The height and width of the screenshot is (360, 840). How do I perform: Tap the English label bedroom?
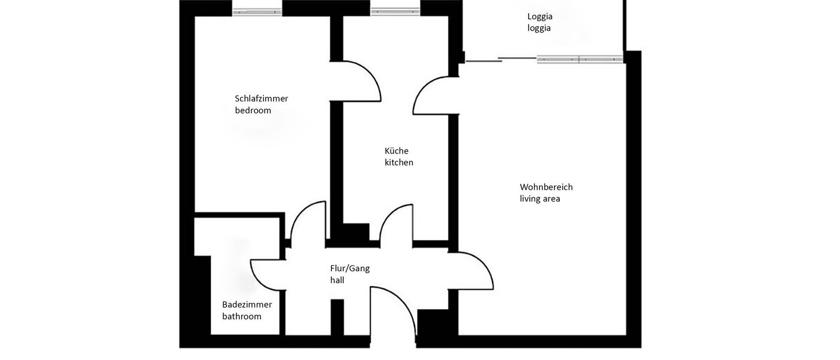point(253,110)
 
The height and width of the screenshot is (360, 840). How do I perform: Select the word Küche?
point(397,151)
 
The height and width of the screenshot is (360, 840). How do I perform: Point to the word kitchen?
point(399,163)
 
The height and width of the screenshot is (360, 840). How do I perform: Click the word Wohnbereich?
point(546,187)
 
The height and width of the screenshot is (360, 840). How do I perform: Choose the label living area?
point(540,199)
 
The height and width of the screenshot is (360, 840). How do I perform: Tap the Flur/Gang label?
point(350,268)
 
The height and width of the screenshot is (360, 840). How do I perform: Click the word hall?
point(337,280)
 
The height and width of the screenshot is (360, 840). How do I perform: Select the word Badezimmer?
point(247,304)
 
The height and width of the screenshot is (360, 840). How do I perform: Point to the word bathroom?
point(242,316)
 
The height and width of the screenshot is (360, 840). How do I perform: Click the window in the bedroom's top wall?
point(257,11)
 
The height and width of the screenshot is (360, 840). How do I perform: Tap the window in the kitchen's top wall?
point(395,11)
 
